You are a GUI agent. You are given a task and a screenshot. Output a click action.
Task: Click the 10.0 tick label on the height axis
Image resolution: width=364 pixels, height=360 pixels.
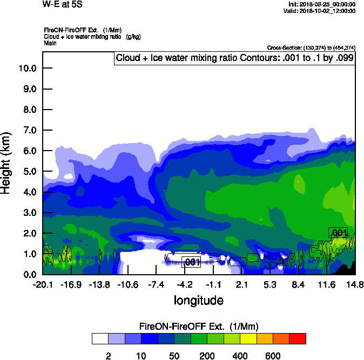coord(27,69)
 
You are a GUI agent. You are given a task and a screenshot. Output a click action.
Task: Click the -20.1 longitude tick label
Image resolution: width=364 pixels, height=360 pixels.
coord(43,284)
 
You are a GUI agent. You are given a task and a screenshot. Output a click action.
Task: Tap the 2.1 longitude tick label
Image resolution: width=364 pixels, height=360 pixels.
coord(242,284)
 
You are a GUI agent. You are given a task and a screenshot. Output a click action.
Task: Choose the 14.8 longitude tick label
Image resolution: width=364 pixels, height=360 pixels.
coord(355,284)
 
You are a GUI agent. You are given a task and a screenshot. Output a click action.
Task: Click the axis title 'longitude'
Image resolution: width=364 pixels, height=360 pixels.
coord(198,300)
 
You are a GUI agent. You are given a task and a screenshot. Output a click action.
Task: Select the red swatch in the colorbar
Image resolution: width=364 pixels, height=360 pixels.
coord(298,338)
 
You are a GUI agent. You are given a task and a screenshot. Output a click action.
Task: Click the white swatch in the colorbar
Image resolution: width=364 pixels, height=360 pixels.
coord(100,338)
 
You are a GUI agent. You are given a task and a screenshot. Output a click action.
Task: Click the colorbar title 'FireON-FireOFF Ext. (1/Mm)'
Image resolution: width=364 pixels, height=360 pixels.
coord(199,327)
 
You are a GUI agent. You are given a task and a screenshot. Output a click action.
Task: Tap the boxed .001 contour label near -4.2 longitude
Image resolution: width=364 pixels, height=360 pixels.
coord(191,262)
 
